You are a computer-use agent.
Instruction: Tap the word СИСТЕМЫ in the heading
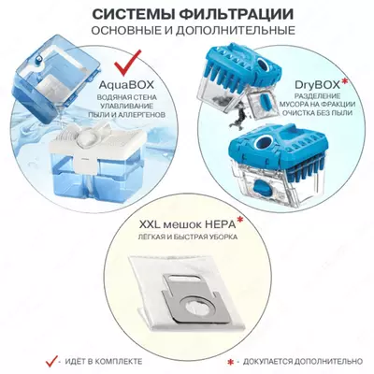[130, 13]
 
